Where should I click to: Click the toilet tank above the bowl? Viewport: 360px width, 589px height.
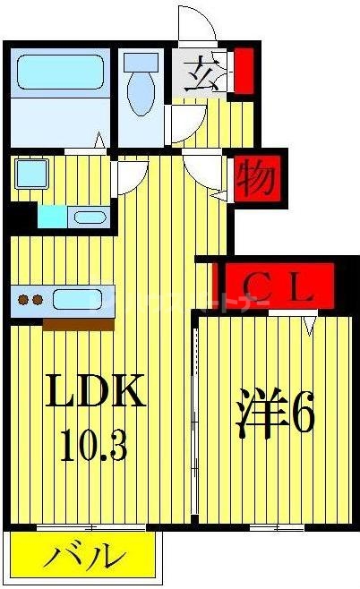(140, 63)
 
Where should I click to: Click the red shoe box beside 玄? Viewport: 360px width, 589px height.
(242, 73)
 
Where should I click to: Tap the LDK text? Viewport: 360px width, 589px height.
(96, 392)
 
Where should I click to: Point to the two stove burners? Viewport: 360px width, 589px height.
(30, 300)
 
